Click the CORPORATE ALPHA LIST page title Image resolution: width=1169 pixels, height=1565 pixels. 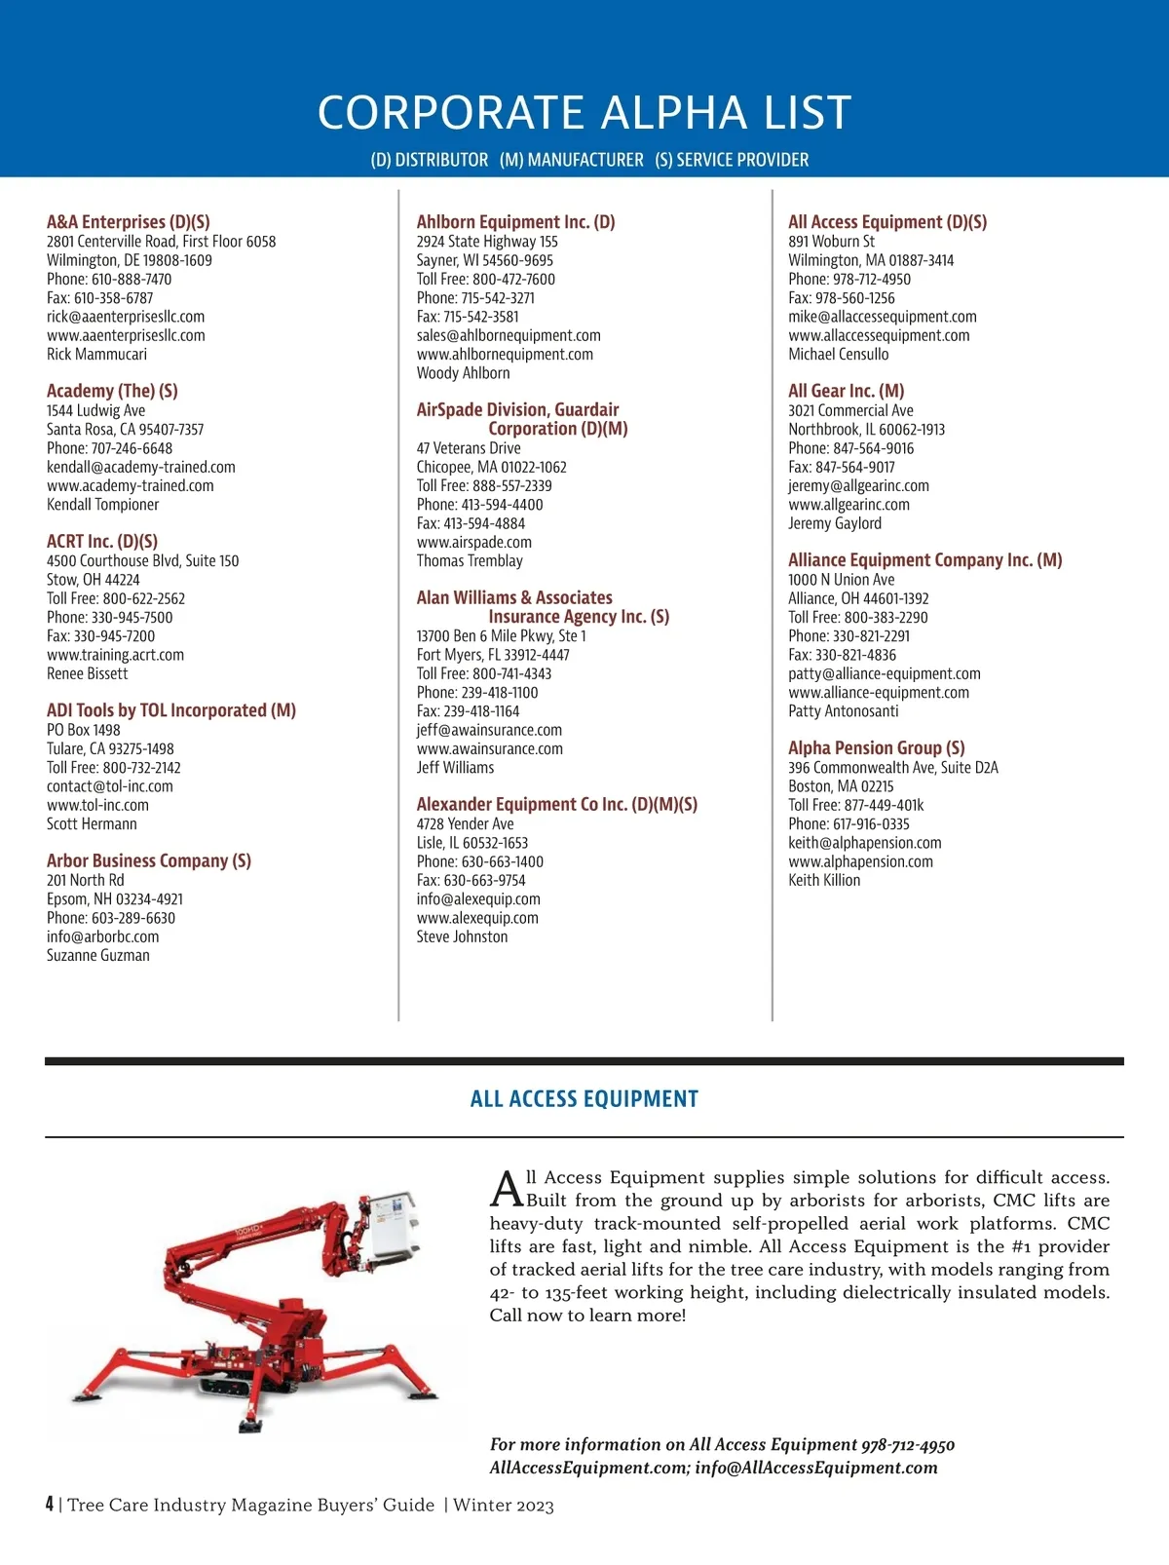tap(584, 112)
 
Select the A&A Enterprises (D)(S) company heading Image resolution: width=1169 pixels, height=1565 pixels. tap(128, 222)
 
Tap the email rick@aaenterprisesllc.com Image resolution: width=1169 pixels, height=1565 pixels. tap(126, 317)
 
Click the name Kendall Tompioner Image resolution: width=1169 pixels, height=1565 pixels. tap(102, 505)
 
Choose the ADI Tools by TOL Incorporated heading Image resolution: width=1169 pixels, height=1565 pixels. tap(171, 710)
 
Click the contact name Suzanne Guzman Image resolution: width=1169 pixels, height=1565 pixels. tap(98, 956)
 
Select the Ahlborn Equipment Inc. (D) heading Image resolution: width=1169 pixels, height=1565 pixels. tap(515, 222)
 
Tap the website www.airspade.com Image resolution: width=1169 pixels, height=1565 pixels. tap(473, 543)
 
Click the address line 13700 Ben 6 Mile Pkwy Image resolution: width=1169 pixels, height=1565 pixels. tap(501, 636)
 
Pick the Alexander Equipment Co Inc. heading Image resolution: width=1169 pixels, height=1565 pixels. tap(556, 805)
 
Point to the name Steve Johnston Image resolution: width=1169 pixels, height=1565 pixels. tap(462, 937)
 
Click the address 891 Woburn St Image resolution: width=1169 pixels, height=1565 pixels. tap(831, 242)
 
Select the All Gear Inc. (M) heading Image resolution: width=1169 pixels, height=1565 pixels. tap(846, 391)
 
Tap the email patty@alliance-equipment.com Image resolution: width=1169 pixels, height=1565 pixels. tap(884, 674)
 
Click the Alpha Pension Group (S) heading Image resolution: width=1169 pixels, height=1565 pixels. tap(876, 748)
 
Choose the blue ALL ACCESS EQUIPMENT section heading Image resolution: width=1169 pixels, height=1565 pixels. tap(584, 1099)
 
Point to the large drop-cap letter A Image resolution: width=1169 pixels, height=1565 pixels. tap(507, 1189)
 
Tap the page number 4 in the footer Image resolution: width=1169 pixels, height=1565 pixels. tap(50, 1505)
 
